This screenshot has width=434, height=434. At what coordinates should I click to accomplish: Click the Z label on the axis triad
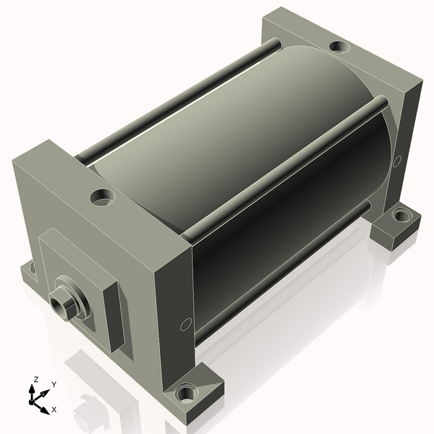[x=35, y=380]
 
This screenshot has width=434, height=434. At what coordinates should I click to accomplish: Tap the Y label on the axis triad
[x=54, y=385]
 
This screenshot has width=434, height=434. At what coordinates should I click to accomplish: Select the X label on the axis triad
[x=54, y=409]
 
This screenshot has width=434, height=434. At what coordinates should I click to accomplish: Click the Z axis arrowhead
[x=33, y=390]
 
